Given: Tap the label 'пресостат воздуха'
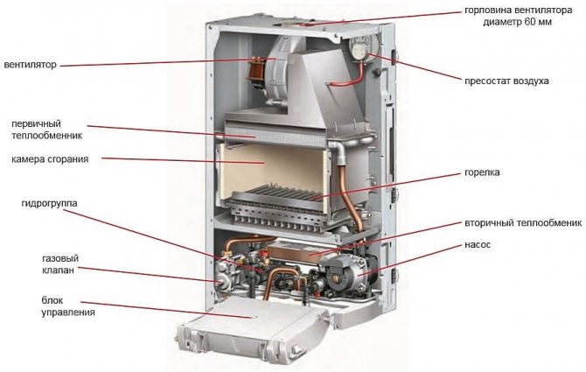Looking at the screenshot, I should (507, 81).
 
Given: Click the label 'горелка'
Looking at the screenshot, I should (483, 172).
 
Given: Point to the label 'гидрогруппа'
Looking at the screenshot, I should (49, 203).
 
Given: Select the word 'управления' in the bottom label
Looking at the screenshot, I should (66, 312).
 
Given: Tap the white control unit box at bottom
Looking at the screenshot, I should (253, 333).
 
